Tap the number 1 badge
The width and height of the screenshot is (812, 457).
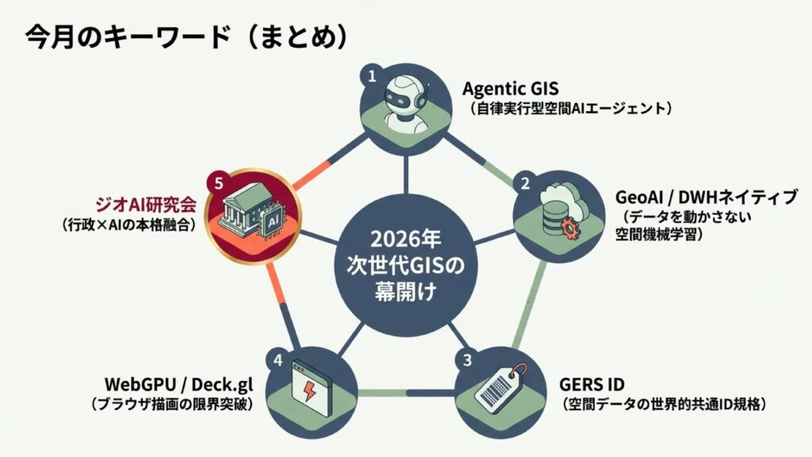[x=370, y=77]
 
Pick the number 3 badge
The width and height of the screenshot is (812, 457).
[x=467, y=360]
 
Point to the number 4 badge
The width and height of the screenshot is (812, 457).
[x=278, y=360]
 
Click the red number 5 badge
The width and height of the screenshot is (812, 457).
[x=219, y=182]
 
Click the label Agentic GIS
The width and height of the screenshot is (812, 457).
[x=511, y=86]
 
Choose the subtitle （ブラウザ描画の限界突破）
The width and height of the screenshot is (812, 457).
[x=172, y=405]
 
